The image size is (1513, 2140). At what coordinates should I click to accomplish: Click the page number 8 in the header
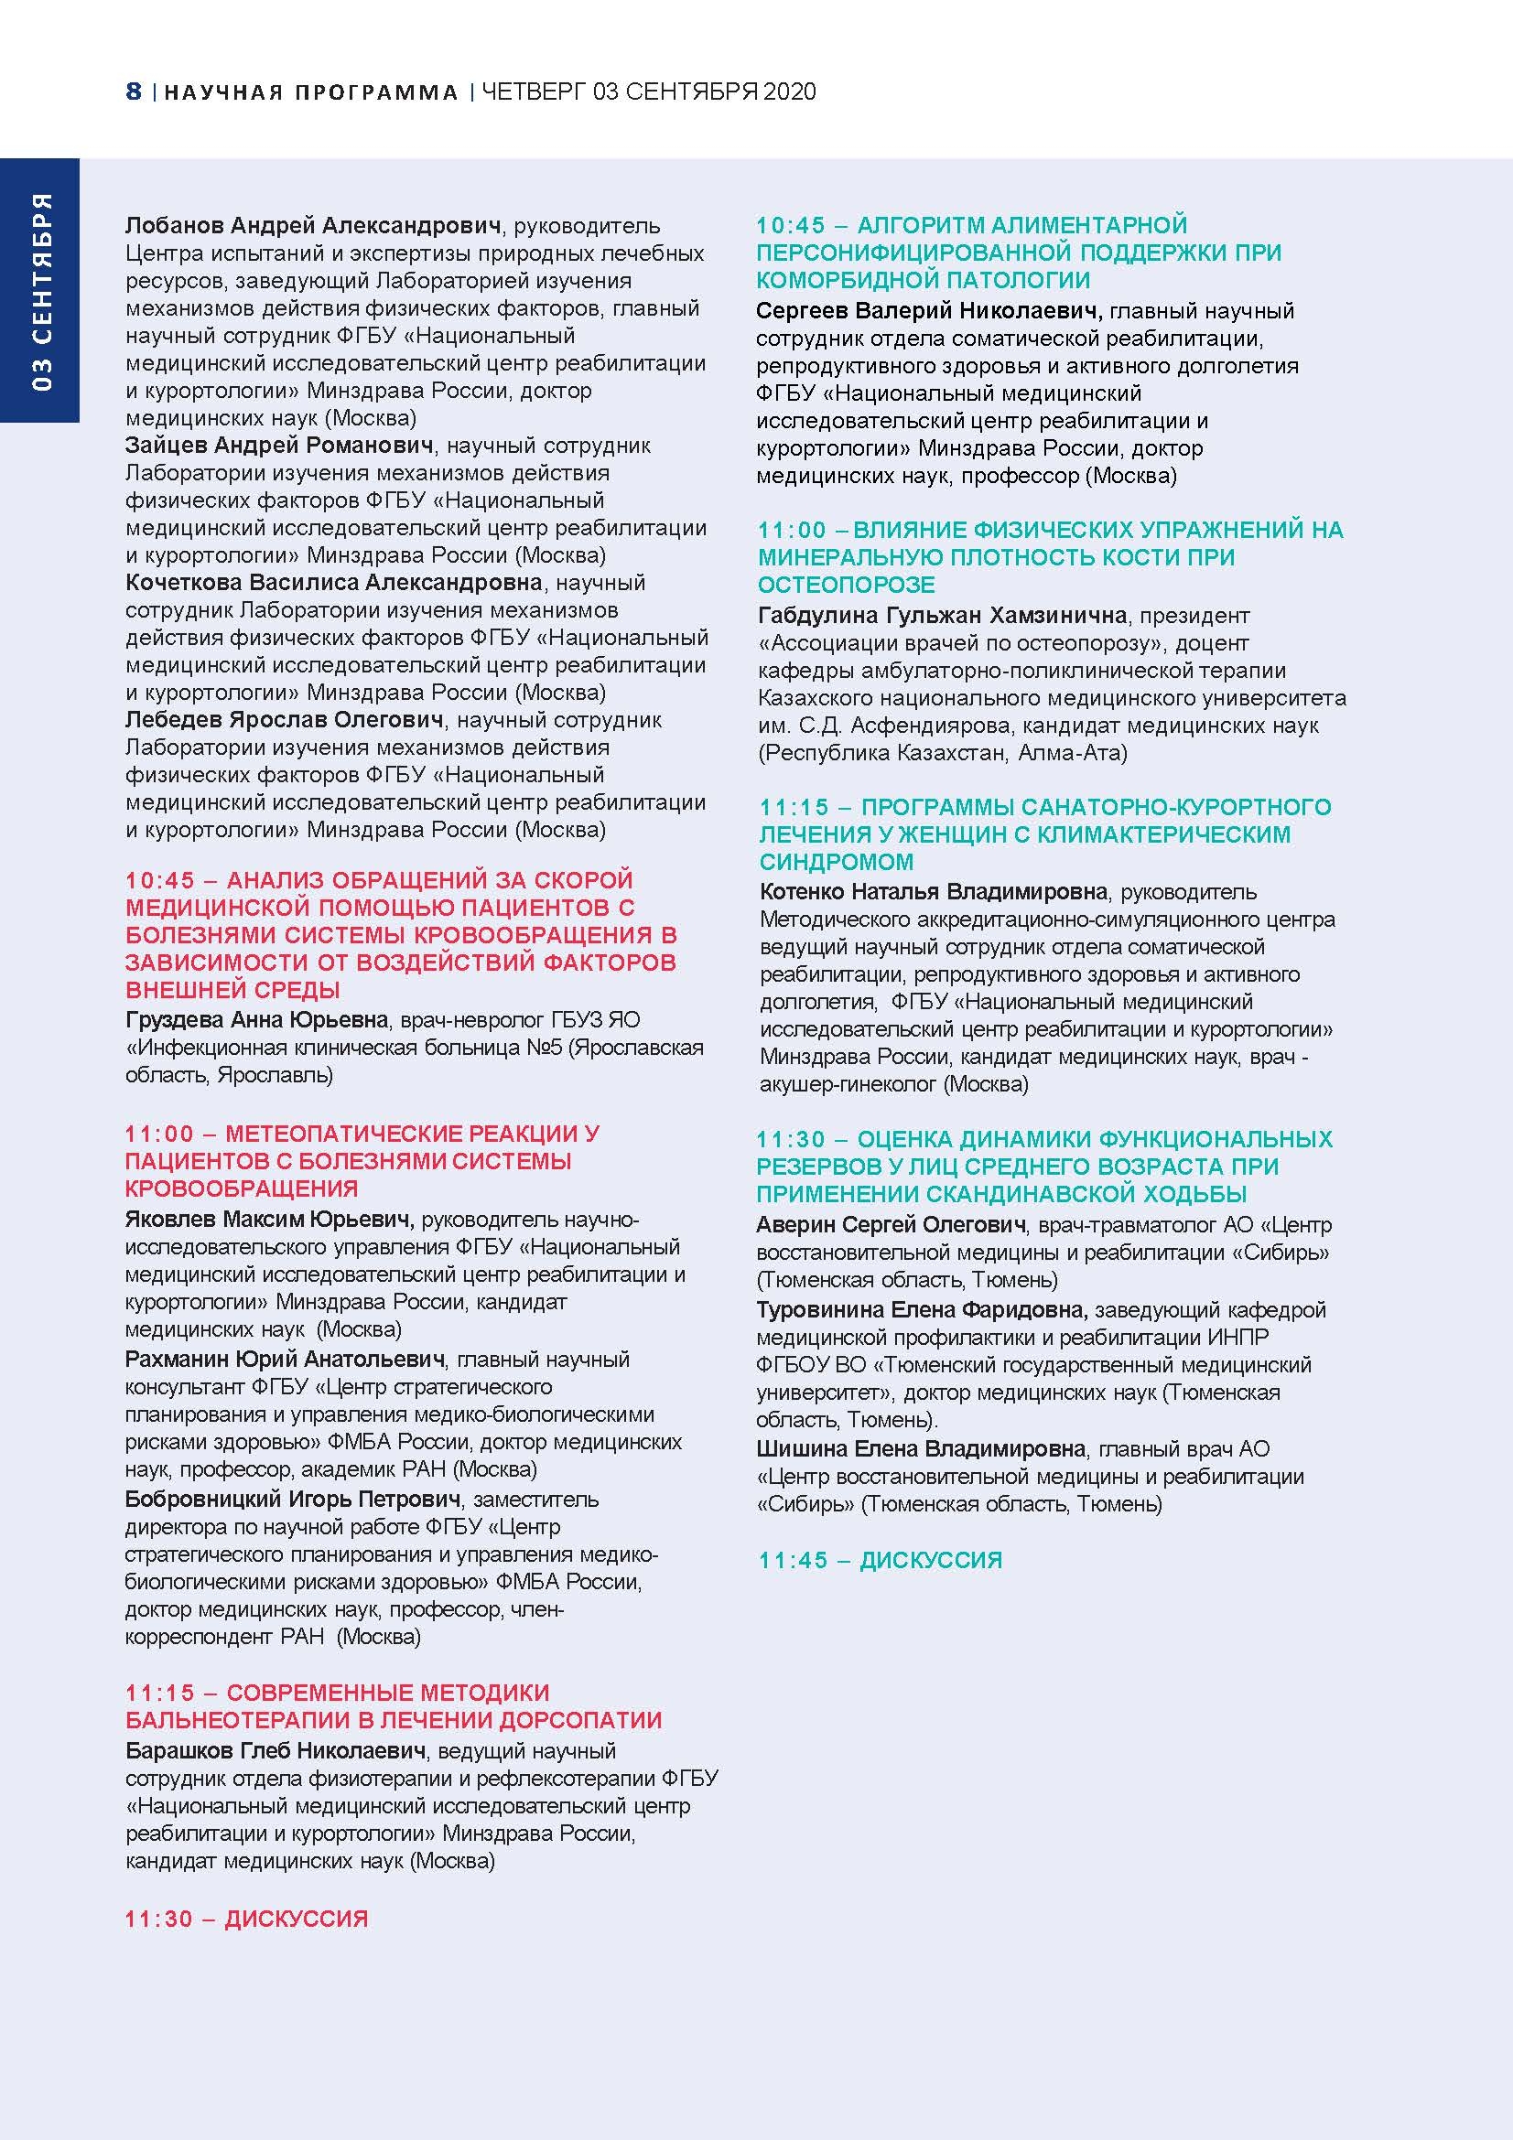tap(134, 91)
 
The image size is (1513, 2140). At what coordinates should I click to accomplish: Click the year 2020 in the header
tap(789, 91)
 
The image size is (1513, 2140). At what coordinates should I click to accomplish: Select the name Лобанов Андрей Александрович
tap(313, 226)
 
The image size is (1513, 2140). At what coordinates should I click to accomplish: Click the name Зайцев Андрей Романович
tap(279, 446)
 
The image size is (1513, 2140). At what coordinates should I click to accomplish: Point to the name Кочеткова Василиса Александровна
tap(334, 583)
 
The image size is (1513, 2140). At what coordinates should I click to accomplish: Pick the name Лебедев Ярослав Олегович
tap(285, 720)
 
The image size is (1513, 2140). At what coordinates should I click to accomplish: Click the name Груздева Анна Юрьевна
tap(256, 1019)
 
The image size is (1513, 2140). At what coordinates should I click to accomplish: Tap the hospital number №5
tap(545, 1048)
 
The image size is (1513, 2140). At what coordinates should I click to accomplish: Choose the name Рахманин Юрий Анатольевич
tap(285, 1360)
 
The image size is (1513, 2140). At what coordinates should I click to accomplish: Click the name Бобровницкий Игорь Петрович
tap(293, 1500)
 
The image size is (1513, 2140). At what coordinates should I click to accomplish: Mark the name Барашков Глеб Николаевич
tap(276, 1751)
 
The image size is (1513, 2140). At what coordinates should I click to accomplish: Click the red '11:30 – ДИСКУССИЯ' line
tap(247, 1920)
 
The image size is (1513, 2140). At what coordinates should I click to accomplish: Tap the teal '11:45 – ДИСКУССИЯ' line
tap(880, 1561)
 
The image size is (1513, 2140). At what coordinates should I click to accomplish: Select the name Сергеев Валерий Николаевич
tap(929, 311)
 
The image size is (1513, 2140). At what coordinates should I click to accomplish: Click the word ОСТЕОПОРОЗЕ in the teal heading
tap(847, 586)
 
